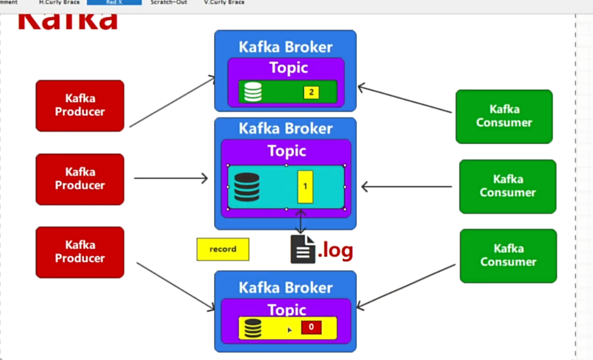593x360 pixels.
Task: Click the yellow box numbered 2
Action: click(311, 92)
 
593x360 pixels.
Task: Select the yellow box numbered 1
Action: click(305, 186)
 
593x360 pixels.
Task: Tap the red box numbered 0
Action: click(311, 327)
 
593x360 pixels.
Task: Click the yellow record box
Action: click(223, 249)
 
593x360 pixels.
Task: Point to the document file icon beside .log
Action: click(302, 250)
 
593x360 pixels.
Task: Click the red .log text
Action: click(335, 251)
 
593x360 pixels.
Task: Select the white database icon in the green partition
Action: click(252, 92)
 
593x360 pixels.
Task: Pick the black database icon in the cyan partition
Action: click(247, 187)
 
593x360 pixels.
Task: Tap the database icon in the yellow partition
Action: click(252, 328)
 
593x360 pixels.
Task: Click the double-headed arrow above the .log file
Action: click(301, 221)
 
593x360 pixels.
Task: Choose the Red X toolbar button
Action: click(114, 2)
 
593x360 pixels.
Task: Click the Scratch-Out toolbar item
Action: click(169, 2)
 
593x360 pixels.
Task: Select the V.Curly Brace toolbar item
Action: click(224, 2)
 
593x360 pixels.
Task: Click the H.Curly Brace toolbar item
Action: click(59, 2)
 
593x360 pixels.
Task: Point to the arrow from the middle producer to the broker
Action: click(170, 178)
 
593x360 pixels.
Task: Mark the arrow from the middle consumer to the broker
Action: click(407, 187)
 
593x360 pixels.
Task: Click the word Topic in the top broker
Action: click(288, 68)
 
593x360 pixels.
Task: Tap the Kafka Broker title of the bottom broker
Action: click(286, 287)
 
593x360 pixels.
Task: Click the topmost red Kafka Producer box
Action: click(80, 105)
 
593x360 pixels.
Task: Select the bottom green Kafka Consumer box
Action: click(508, 255)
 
